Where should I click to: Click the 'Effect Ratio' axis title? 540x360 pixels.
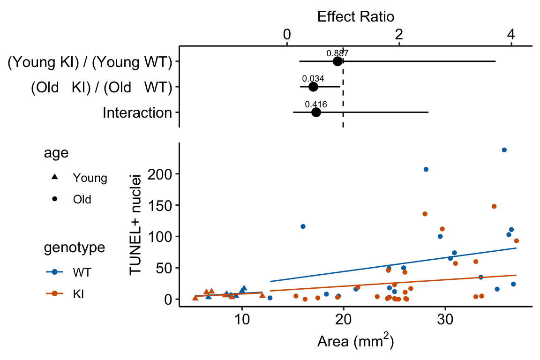point(355,17)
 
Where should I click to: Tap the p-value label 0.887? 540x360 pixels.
point(337,53)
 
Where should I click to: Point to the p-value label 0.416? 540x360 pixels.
point(316,105)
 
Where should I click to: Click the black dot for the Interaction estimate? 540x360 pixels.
point(316,112)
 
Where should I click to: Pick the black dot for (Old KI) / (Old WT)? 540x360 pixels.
point(313,87)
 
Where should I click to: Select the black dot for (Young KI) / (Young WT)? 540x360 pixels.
point(337,61)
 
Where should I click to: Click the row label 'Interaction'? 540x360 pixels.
point(137,113)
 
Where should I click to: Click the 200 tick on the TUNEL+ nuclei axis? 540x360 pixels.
point(162,174)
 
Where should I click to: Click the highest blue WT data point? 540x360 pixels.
point(504,150)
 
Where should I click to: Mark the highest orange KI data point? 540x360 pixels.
point(494,206)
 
